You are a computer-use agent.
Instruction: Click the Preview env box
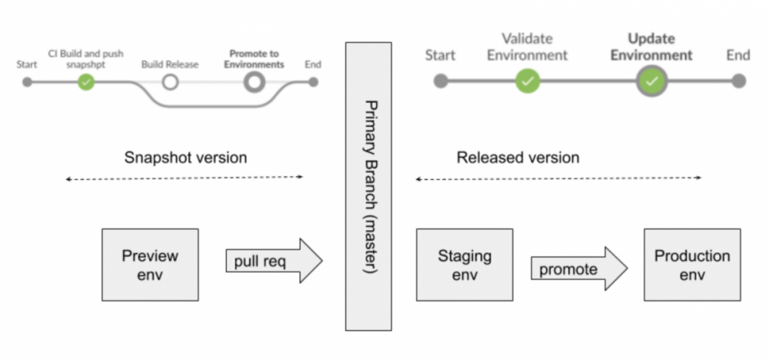tap(150, 264)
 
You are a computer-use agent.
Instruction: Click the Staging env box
tap(464, 264)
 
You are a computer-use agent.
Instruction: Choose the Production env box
tap(692, 264)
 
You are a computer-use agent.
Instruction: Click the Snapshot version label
tap(185, 158)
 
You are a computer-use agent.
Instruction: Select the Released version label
tap(518, 158)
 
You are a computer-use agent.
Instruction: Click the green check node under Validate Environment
tap(528, 81)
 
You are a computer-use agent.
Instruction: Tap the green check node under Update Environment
tap(652, 81)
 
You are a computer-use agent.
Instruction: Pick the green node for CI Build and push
tap(86, 82)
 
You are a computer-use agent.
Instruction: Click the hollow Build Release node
tap(170, 82)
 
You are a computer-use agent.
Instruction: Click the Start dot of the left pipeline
tap(28, 82)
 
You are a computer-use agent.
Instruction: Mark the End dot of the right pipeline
tap(738, 81)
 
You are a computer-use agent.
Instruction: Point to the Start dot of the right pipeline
tap(441, 81)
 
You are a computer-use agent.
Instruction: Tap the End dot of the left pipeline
tap(313, 82)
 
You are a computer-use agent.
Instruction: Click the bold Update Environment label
tap(660, 46)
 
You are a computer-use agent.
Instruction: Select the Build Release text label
tap(170, 65)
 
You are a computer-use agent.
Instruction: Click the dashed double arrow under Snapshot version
tap(185, 178)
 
